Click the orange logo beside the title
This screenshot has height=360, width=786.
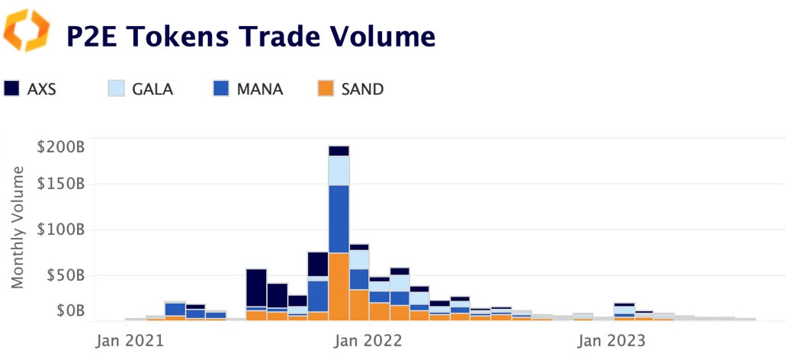27,31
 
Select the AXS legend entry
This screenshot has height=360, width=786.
31,89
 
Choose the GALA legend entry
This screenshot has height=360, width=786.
142,89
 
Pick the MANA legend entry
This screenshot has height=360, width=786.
249,89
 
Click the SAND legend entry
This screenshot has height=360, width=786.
351,89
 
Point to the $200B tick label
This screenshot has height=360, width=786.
61,146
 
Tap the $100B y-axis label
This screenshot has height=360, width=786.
61,230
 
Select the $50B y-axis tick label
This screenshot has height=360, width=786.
64,275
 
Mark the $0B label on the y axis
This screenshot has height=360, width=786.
68,310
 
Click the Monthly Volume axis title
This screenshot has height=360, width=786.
18,232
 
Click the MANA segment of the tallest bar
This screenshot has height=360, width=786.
338,219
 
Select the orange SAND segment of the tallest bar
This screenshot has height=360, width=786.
338,286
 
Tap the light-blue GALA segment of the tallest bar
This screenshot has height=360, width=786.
338,170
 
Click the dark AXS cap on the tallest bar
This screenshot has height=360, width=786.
338,150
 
